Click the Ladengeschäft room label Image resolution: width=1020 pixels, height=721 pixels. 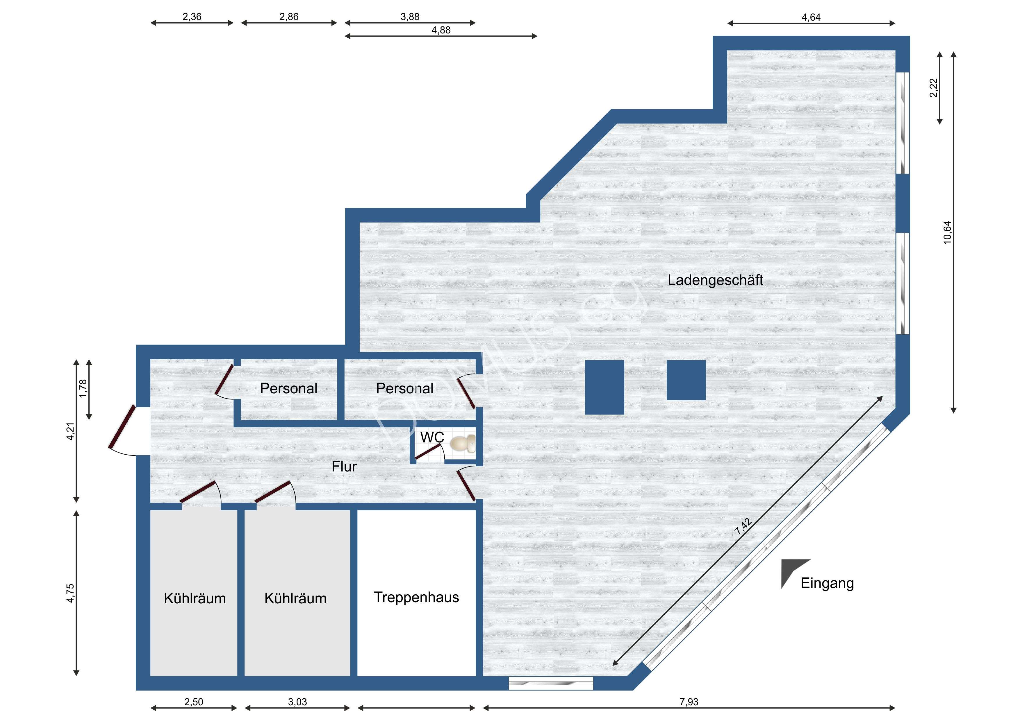[715, 280]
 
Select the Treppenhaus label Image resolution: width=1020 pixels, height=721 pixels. [416, 597]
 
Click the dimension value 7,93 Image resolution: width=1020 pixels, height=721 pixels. [689, 702]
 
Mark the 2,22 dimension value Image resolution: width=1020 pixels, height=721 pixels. [934, 87]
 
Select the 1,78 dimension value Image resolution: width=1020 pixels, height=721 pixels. [83, 388]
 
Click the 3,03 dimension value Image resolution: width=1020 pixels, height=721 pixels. [297, 702]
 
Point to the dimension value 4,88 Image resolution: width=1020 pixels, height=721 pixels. [441, 30]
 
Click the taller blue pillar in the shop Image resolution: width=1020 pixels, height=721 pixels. [604, 388]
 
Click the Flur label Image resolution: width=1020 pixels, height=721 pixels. [344, 467]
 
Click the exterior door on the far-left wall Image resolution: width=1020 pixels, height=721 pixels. [122, 427]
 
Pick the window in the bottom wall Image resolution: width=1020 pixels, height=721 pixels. [551, 683]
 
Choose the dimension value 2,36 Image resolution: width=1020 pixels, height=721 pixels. [192, 17]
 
